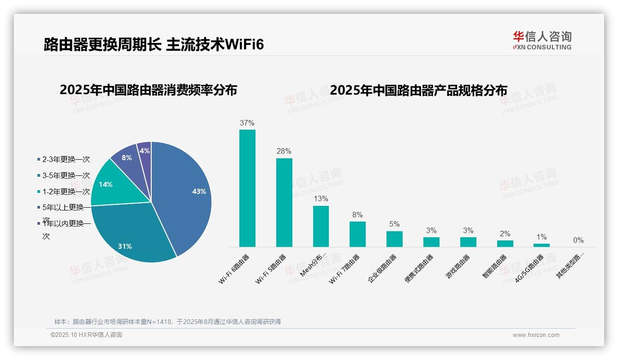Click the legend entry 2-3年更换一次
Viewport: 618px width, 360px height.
click(x=65, y=159)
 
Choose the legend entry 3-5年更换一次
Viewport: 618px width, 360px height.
click(x=65, y=175)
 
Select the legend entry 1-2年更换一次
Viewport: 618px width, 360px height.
click(x=65, y=192)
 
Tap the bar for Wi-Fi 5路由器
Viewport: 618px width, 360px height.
click(x=284, y=203)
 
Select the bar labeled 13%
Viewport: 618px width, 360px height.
click(x=321, y=226)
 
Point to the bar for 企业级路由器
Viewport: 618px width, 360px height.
click(x=394, y=239)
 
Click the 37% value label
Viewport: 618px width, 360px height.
click(x=247, y=123)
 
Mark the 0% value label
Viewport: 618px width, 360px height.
click(x=578, y=240)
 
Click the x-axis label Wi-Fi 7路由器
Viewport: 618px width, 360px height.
click(x=345, y=269)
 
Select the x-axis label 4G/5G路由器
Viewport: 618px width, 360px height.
click(x=530, y=268)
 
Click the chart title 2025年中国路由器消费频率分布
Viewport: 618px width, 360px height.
click(x=148, y=90)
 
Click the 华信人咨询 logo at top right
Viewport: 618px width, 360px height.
click(x=542, y=40)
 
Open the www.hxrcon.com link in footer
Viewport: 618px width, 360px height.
click(x=536, y=335)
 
